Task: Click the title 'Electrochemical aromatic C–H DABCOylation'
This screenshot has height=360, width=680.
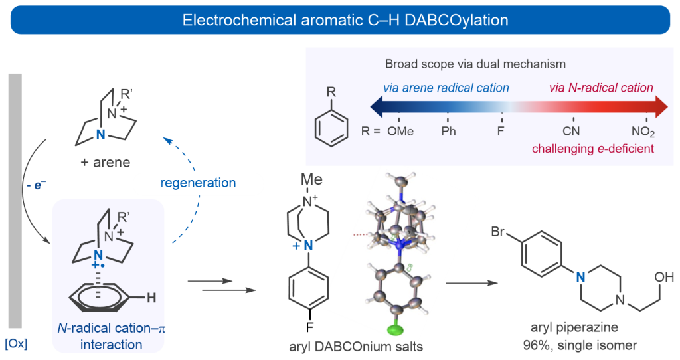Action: pos(345,20)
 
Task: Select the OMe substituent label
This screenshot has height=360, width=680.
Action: pos(400,132)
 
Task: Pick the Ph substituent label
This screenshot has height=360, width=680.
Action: pos(449,132)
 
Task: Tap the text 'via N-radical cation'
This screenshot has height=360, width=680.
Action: pos(601,88)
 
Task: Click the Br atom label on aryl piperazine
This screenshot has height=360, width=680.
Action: pos(499,232)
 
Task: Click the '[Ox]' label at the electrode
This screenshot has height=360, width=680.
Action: pos(16,344)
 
